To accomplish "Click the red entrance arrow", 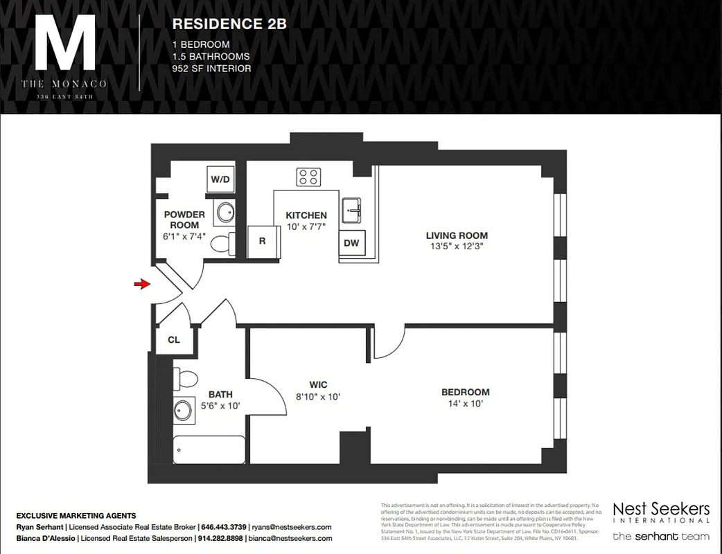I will [142, 284].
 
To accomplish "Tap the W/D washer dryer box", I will [220, 179].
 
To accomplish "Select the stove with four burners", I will [308, 177].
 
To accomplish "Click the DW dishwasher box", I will [351, 243].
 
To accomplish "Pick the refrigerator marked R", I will [262, 242].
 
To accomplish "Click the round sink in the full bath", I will [184, 410].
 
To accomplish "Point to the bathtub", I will [209, 450].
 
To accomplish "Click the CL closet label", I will [174, 340].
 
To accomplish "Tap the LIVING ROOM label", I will [457, 235].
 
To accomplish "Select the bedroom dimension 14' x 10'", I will [465, 404].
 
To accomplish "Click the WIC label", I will [318, 385].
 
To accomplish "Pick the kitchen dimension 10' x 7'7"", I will [306, 227].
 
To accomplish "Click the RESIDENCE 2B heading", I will [229, 24].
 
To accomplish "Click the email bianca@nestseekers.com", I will [290, 539].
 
